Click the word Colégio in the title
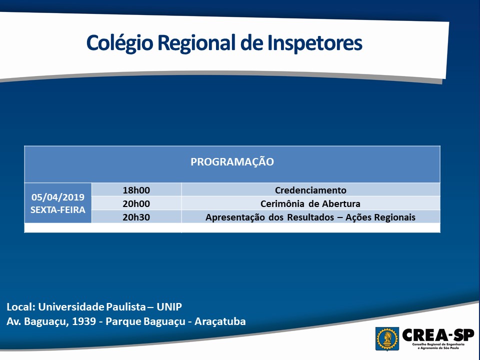tap(119, 43)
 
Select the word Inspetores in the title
tap(315, 43)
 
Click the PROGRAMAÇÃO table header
tap(232, 161)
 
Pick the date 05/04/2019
tap(58, 197)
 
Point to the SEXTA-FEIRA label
tap(58, 210)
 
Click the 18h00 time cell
tap(136, 190)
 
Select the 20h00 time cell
tap(136, 203)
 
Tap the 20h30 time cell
tap(136, 217)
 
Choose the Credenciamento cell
tap(310, 190)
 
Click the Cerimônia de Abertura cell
tap(310, 203)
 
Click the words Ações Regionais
tap(380, 217)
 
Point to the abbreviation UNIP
tap(169, 306)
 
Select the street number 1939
tap(84, 321)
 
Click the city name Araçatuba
tap(220, 321)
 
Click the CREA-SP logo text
tap(438, 335)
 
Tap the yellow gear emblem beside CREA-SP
tap(387, 338)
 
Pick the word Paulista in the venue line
tap(126, 306)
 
